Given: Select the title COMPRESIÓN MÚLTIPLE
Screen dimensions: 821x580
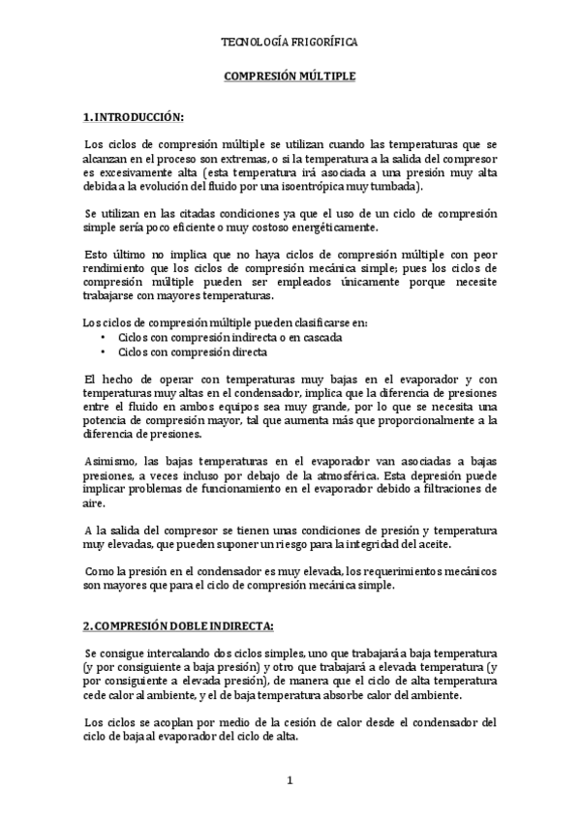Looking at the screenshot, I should (290, 74).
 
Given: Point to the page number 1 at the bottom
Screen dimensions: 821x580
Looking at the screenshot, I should (290, 779).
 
